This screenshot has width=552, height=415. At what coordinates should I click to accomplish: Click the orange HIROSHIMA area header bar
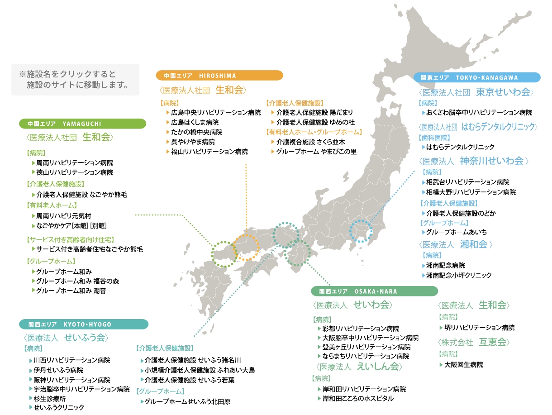point(219,76)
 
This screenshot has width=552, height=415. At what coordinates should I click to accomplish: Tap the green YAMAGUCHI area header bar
point(82,124)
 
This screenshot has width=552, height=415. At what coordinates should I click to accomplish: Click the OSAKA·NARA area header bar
point(374,291)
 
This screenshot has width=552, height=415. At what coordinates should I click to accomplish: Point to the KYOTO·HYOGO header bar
point(84,324)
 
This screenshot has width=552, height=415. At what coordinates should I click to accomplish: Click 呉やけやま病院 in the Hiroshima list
point(193,142)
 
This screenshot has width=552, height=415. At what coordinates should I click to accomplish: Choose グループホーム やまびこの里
point(316,152)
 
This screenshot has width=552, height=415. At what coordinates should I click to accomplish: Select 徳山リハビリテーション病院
point(75,172)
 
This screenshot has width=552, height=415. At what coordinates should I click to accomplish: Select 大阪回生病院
point(463,365)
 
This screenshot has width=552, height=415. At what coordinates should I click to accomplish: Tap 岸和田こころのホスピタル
point(357,399)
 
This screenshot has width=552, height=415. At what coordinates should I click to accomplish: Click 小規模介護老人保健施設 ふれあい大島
point(200,370)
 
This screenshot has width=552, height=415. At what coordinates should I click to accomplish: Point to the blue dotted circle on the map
point(362,231)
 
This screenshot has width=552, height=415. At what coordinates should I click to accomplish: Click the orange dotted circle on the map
point(246,248)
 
